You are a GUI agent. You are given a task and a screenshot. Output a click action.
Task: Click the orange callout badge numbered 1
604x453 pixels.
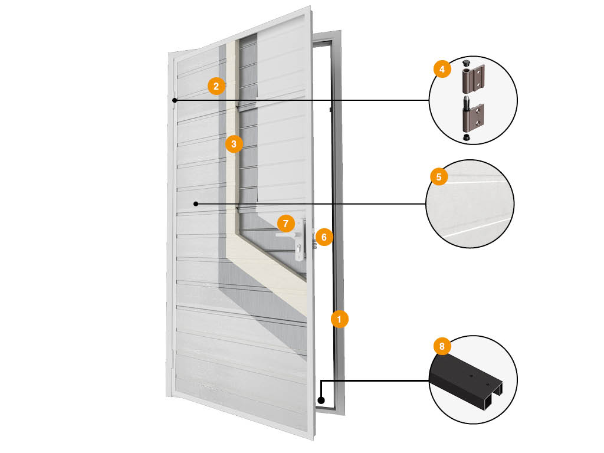pos(339,319)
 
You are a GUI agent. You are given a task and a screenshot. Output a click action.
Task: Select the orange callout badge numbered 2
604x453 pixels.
pos(216,86)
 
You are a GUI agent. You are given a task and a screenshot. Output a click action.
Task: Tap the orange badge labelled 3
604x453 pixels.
pos(234,144)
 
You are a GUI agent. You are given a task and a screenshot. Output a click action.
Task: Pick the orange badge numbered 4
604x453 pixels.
pos(442,69)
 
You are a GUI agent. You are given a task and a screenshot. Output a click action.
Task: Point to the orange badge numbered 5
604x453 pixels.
pos(439,177)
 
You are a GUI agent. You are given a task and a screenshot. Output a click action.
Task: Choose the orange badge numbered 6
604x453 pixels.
pos(324,237)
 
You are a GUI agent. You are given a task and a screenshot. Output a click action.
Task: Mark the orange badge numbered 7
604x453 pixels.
pos(285,224)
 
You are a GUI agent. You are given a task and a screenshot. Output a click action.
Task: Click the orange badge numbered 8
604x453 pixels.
pos(442,346)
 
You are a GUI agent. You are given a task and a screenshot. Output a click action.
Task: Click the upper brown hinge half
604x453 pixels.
pos(473,79)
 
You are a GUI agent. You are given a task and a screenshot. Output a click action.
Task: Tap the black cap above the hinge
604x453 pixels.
pos(466,63)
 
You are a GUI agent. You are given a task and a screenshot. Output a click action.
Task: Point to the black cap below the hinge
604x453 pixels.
pos(466,137)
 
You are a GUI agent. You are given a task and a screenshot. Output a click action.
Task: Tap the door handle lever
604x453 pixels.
pos(287,235)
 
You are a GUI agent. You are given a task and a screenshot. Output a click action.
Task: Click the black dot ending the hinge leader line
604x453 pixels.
pos(175,100)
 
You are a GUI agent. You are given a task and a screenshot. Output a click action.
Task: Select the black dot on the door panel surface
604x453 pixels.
pos(196,203)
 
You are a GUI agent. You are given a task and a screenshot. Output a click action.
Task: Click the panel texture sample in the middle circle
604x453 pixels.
pos(470,203)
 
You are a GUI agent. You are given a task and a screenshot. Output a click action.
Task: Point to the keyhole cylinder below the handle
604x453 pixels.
pos(299,247)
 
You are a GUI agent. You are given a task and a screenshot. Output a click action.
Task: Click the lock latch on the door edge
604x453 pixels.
pos(314,244)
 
